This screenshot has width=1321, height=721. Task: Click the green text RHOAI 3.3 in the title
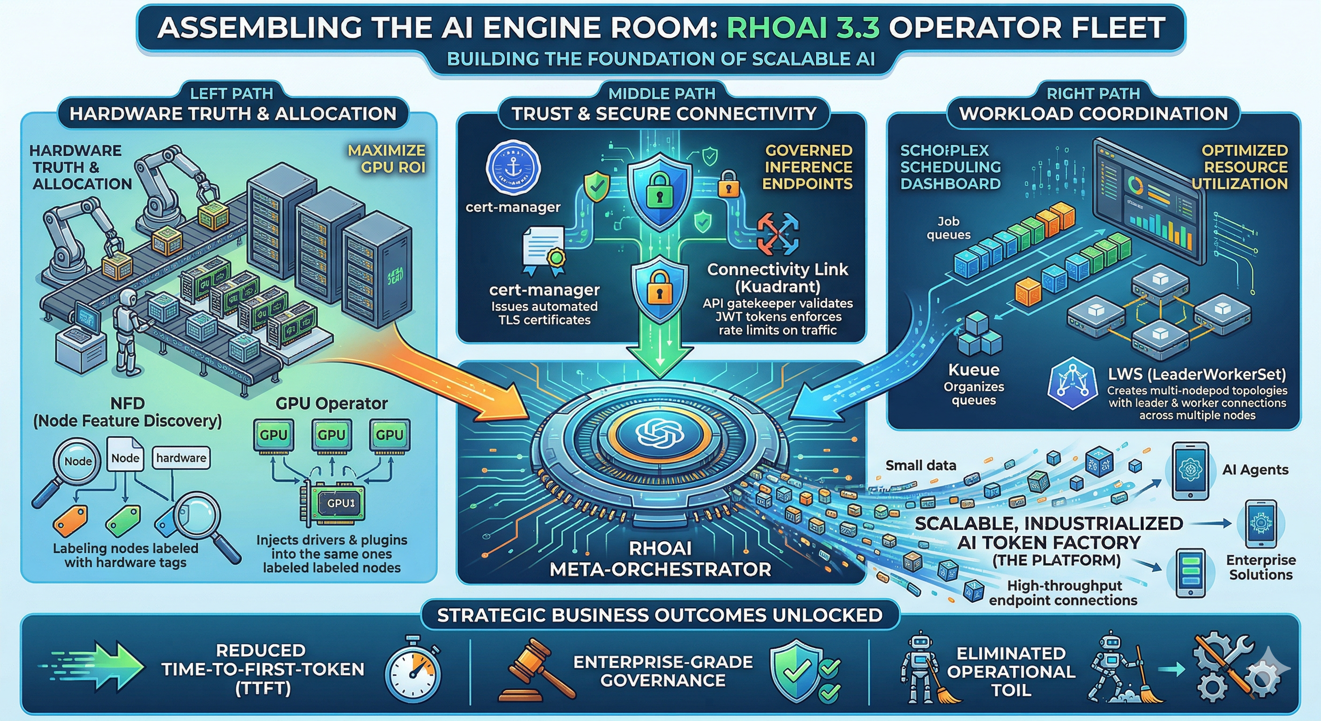803,28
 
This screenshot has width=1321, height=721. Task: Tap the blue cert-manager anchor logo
513,168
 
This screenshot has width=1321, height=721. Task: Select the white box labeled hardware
181,458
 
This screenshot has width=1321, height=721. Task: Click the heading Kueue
973,370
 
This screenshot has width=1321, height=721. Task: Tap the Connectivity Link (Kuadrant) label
777,277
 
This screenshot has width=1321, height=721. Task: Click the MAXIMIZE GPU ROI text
387,159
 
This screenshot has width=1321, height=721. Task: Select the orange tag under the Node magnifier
70,522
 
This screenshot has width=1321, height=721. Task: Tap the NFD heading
127,403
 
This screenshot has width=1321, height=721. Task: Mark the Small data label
920,466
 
